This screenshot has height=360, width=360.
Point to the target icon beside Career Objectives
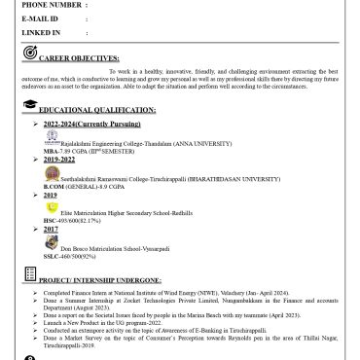(31, 53)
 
